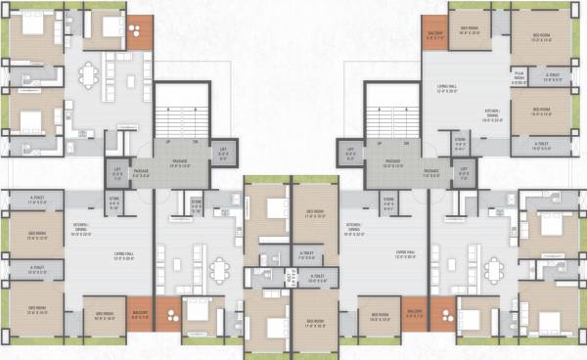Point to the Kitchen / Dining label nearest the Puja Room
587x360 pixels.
point(493,117)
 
